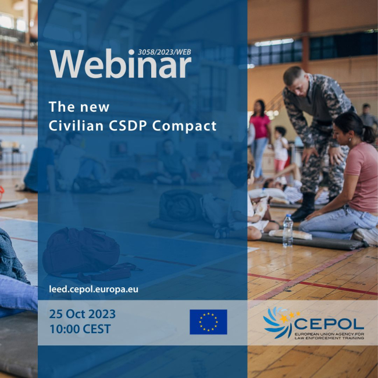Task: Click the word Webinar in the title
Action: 120,64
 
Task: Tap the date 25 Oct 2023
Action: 82,314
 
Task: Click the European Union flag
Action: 208,322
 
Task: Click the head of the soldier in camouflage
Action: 294,79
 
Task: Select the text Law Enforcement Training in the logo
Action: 330,337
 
